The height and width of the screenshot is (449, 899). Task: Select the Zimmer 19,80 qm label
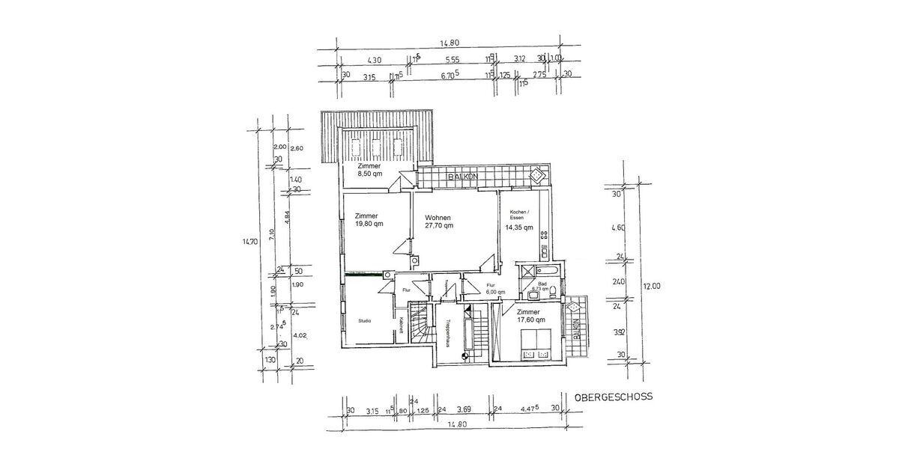tap(369, 219)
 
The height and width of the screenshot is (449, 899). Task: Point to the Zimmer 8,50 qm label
tap(369, 170)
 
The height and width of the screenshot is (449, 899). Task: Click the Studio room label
tap(364, 321)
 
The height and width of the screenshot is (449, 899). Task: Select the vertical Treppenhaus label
tap(447, 334)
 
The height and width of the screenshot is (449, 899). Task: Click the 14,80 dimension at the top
tap(450, 43)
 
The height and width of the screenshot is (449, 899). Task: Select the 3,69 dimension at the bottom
tap(464, 409)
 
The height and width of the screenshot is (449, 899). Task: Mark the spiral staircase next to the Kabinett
tap(420, 323)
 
